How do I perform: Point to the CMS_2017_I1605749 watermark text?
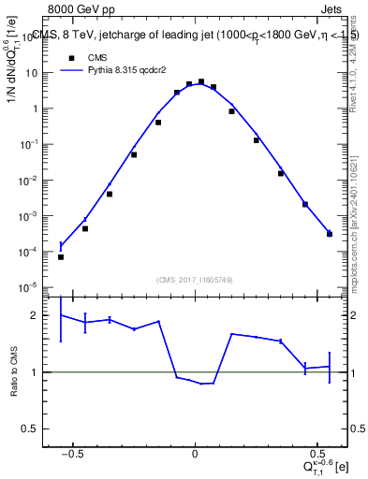coord(195,281)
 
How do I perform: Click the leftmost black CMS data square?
coord(61,256)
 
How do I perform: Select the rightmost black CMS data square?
coord(330,234)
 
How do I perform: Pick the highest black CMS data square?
coord(201,81)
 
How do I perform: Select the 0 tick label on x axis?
coord(195,451)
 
